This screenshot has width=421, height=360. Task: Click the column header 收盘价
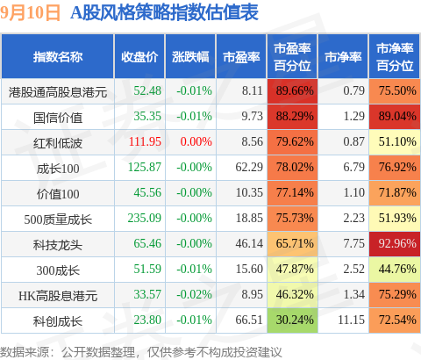point(139,57)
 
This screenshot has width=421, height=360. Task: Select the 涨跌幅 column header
point(190,57)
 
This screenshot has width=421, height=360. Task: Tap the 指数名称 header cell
point(58,57)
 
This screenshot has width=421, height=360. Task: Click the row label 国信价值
point(58,118)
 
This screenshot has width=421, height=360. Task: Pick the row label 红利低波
point(58,143)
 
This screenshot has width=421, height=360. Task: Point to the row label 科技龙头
point(58,245)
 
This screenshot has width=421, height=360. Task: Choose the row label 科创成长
point(58,321)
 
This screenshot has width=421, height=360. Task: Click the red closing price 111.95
point(145,141)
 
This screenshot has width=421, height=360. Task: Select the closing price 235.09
point(145,218)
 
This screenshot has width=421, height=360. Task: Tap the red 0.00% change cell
point(196,141)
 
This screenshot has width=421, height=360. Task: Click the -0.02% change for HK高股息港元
point(194,294)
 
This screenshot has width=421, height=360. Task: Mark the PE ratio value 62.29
point(249,167)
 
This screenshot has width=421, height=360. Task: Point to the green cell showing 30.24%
point(292,320)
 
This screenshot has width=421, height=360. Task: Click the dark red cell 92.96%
point(395,243)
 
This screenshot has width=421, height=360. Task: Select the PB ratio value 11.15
point(351,320)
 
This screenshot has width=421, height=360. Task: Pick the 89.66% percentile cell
point(292,90)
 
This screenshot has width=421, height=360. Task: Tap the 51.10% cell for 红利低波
point(395,142)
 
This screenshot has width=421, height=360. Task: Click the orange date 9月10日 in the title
point(30,13)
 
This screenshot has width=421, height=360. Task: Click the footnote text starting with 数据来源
point(140,352)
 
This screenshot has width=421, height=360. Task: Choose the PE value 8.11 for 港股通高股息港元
point(252,90)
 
